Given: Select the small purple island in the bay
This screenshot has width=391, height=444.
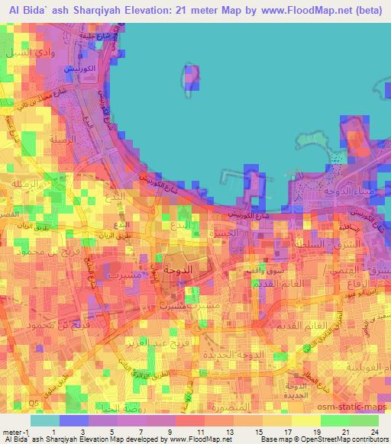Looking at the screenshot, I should pyautogui.click(x=191, y=78).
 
